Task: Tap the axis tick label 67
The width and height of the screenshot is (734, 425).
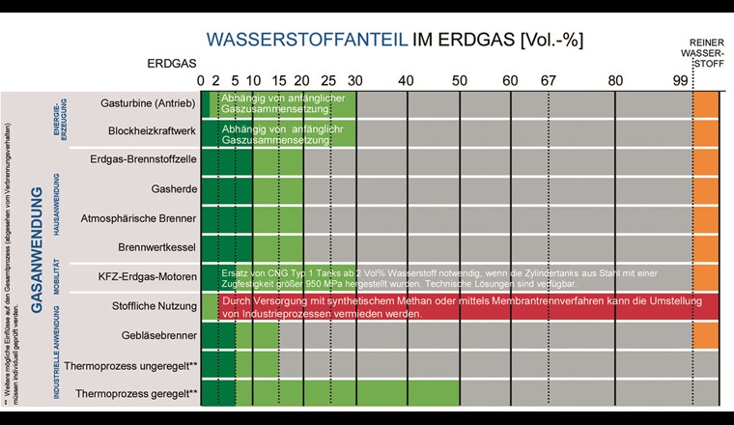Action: tap(549, 80)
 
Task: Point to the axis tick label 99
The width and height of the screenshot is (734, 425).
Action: tap(681, 80)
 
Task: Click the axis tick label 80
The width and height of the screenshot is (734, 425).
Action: tap(615, 80)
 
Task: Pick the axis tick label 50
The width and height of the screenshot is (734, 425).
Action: tap(460, 80)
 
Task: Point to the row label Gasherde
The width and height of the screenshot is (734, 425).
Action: tap(174, 188)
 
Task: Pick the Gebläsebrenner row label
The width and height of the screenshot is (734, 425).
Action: tap(158, 335)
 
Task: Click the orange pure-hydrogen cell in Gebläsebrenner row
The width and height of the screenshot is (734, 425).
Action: tap(706, 335)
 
